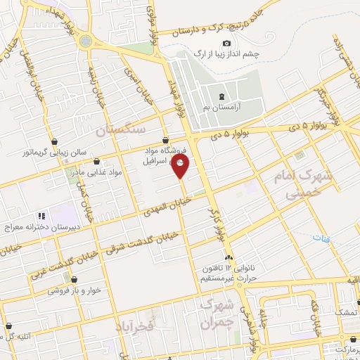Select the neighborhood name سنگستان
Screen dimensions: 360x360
(120, 130)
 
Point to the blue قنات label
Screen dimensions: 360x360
(328, 240)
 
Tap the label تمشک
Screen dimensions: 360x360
(345, 311)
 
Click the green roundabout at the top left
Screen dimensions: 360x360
(86, 41)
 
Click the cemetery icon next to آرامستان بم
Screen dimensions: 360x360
(221, 96)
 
